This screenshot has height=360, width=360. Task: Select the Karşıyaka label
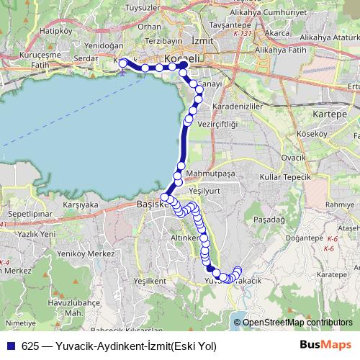point(81,204)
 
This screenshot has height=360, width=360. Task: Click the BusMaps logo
point(325,346)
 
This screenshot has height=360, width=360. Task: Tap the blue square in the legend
point(12,346)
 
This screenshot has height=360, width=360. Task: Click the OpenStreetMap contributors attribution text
point(297,323)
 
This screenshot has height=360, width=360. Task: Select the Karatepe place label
point(333,274)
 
